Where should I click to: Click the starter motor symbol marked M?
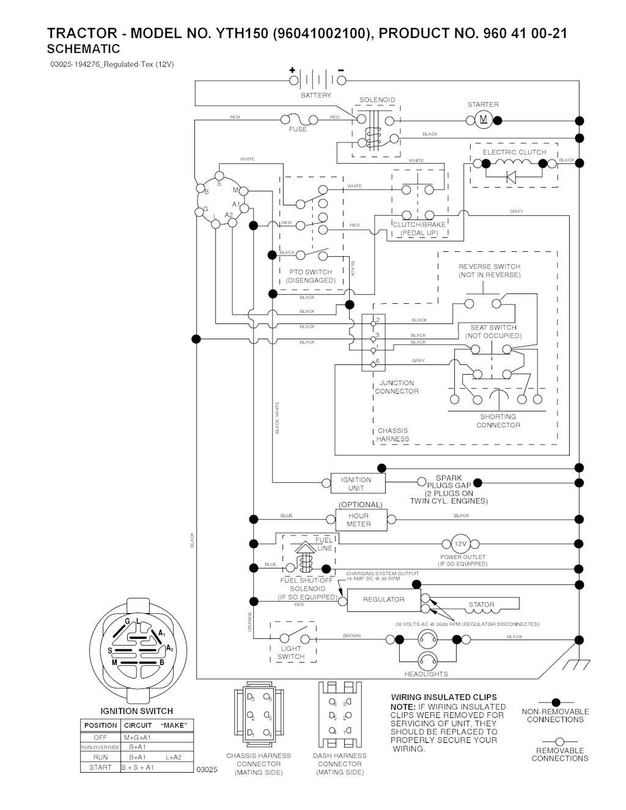483,120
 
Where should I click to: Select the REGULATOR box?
383,600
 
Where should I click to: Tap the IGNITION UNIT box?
356,484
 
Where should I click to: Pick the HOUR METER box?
358,520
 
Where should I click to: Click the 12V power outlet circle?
460,544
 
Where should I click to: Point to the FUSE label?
298,130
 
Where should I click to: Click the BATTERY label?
315,95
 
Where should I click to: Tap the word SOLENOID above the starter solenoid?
377,100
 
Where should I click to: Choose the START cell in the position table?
100,767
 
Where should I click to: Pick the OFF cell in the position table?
100,737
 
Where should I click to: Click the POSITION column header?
100,725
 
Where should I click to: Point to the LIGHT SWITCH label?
291,653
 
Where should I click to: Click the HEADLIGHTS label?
426,674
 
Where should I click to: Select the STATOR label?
481,605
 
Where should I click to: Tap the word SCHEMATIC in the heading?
83,49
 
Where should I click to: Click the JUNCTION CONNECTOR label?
397,387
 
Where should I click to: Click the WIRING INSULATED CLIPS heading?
444,697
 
